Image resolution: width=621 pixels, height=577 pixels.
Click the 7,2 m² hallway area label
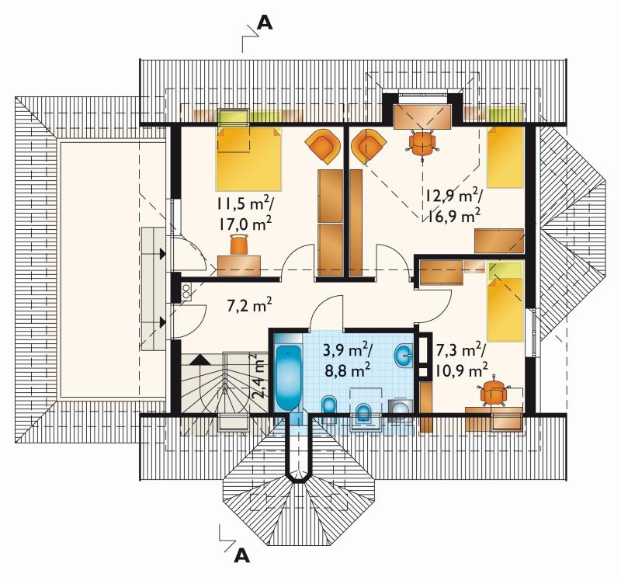(249, 306)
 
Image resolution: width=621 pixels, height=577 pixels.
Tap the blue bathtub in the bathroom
(288, 379)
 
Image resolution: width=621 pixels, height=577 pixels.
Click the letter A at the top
(265, 23)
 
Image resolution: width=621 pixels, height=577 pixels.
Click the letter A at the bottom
(242, 555)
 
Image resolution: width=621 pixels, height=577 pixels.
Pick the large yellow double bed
(248, 158)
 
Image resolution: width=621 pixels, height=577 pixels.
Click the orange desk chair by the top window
(422, 144)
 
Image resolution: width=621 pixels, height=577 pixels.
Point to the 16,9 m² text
(453, 216)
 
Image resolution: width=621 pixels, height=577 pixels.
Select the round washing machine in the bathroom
(401, 410)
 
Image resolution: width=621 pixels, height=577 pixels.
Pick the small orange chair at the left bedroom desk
(239, 244)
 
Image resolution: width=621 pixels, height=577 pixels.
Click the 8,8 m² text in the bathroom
(347, 371)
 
